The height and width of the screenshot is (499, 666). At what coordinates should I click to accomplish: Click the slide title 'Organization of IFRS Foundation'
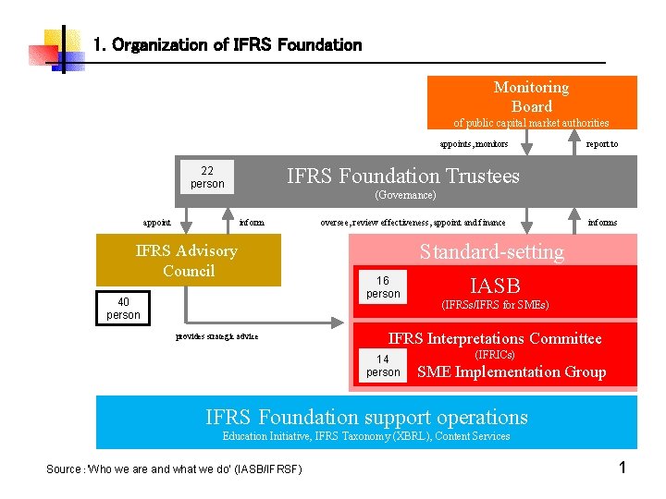click(x=228, y=44)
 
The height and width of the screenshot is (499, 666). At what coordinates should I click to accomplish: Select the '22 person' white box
click(x=207, y=176)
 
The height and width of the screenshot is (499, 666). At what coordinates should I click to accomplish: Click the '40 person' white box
click(x=123, y=309)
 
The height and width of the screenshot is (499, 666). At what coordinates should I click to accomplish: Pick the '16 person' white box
click(x=383, y=287)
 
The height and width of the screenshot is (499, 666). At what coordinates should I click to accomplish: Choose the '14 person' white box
click(x=383, y=366)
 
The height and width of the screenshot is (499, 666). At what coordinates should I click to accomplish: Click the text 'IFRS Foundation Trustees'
click(x=403, y=176)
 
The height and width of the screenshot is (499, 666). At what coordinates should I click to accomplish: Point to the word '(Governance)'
click(x=405, y=196)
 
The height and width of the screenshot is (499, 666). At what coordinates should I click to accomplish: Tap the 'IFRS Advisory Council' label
click(x=187, y=261)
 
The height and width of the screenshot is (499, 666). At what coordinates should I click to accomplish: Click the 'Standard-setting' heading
click(x=491, y=251)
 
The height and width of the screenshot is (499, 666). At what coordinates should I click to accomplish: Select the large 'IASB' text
click(x=495, y=286)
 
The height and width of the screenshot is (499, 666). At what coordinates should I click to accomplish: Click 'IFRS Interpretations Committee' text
click(x=495, y=338)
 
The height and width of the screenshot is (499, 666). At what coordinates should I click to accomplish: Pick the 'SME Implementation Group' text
click(x=512, y=371)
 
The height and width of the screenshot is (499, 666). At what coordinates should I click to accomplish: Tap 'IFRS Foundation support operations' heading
click(x=366, y=417)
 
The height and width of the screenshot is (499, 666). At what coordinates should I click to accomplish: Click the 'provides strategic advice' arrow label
click(x=216, y=336)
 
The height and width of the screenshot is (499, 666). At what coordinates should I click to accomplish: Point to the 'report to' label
click(x=602, y=144)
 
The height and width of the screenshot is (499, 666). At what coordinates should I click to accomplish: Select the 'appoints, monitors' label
click(x=473, y=144)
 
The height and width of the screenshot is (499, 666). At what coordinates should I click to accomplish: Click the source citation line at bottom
click(x=174, y=469)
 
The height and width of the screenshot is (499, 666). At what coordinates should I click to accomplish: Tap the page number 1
click(x=623, y=468)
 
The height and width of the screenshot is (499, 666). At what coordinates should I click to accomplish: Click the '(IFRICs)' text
click(x=494, y=355)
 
